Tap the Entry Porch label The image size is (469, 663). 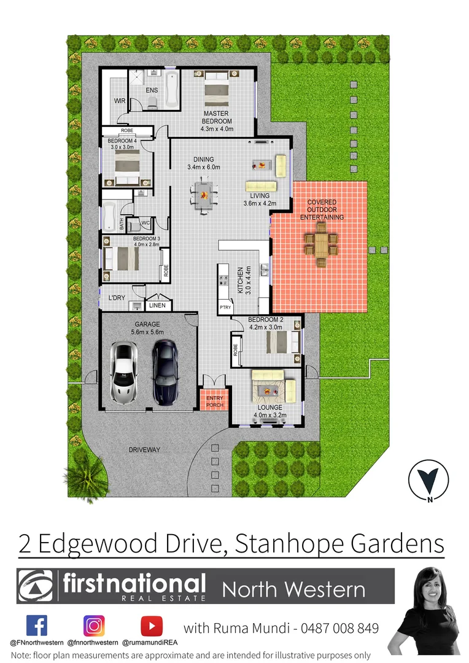coord(215,401)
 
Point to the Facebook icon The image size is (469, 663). coord(37,626)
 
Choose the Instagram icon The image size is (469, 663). coord(94,626)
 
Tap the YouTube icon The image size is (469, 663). coord(151,626)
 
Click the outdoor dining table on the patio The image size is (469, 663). coord(320,244)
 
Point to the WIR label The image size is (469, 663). coord(119,101)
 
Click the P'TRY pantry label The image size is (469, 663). coord(224,308)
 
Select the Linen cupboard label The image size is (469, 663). coord(158,305)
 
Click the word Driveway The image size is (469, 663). coord(144,450)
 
